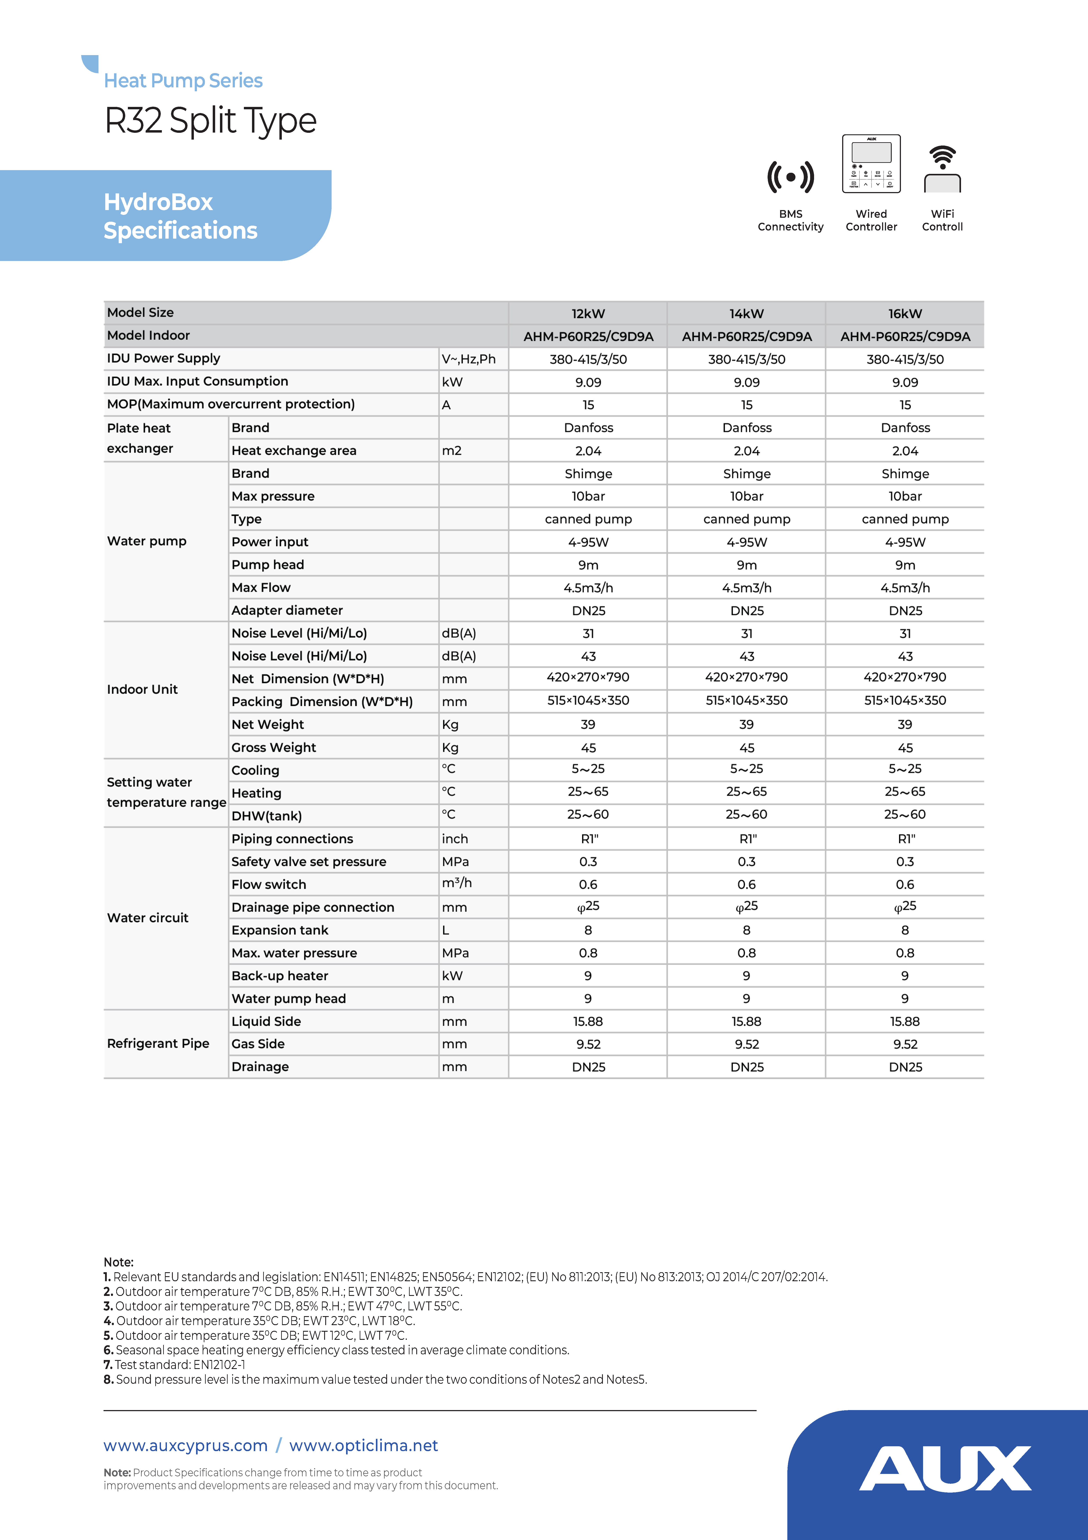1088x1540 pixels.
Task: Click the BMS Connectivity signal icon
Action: point(790,177)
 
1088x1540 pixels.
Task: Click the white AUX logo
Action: point(945,1469)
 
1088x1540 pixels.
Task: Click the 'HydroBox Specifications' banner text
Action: point(180,216)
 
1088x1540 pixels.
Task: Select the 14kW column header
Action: point(746,313)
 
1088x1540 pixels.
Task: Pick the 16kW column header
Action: point(905,313)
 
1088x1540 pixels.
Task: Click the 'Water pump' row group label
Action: point(147,541)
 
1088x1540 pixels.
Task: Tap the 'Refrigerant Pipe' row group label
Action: point(158,1044)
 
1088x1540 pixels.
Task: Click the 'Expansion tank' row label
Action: point(280,930)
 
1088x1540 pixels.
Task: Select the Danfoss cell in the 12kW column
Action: point(588,428)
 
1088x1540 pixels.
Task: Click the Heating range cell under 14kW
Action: point(746,792)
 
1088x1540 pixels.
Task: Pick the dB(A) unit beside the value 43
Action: point(459,656)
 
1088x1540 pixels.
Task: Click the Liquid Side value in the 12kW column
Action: point(588,1022)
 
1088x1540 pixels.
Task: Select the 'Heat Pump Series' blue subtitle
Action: point(183,81)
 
